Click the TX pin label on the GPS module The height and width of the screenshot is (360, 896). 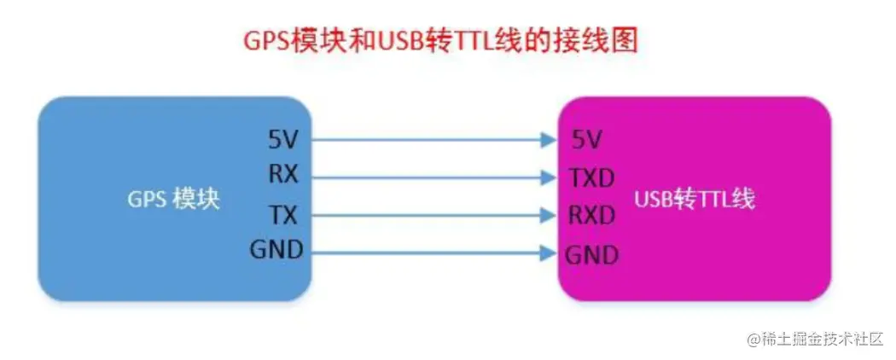click(284, 213)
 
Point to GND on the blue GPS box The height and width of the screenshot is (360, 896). click(276, 250)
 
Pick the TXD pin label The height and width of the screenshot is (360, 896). click(591, 178)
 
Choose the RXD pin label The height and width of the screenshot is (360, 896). click(592, 215)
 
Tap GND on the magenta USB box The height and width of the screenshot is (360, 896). click(591, 254)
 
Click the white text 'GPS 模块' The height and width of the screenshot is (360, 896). click(174, 199)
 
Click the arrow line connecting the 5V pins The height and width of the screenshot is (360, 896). click(427, 138)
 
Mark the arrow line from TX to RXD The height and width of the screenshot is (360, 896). click(427, 215)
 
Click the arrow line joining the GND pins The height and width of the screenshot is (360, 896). click(427, 252)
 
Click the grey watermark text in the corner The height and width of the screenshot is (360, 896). click(813, 340)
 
